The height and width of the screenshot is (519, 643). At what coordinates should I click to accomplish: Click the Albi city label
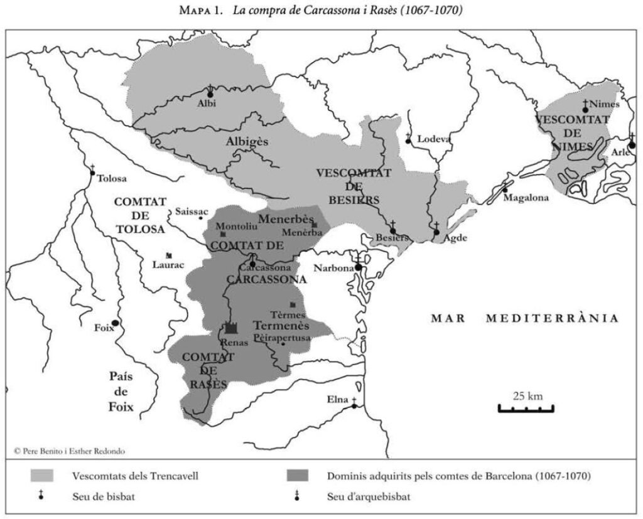[x=206, y=104]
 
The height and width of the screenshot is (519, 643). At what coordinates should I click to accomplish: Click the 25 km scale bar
[x=526, y=409]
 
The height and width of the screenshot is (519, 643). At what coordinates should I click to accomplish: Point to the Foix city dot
[x=116, y=323]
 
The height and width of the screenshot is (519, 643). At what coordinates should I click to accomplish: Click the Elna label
[x=337, y=399]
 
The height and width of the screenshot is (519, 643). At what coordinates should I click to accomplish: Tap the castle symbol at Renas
[x=231, y=328]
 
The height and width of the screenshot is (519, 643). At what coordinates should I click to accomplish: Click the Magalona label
[x=526, y=198]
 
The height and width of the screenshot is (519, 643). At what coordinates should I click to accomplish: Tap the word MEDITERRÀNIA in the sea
[x=553, y=318]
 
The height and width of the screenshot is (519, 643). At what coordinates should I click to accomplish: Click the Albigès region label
[x=247, y=142]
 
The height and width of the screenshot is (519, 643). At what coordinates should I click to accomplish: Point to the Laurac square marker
[x=169, y=255]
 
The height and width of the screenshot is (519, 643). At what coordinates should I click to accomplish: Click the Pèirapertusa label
[x=282, y=338]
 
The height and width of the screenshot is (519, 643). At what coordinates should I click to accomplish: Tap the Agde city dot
[x=436, y=232]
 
